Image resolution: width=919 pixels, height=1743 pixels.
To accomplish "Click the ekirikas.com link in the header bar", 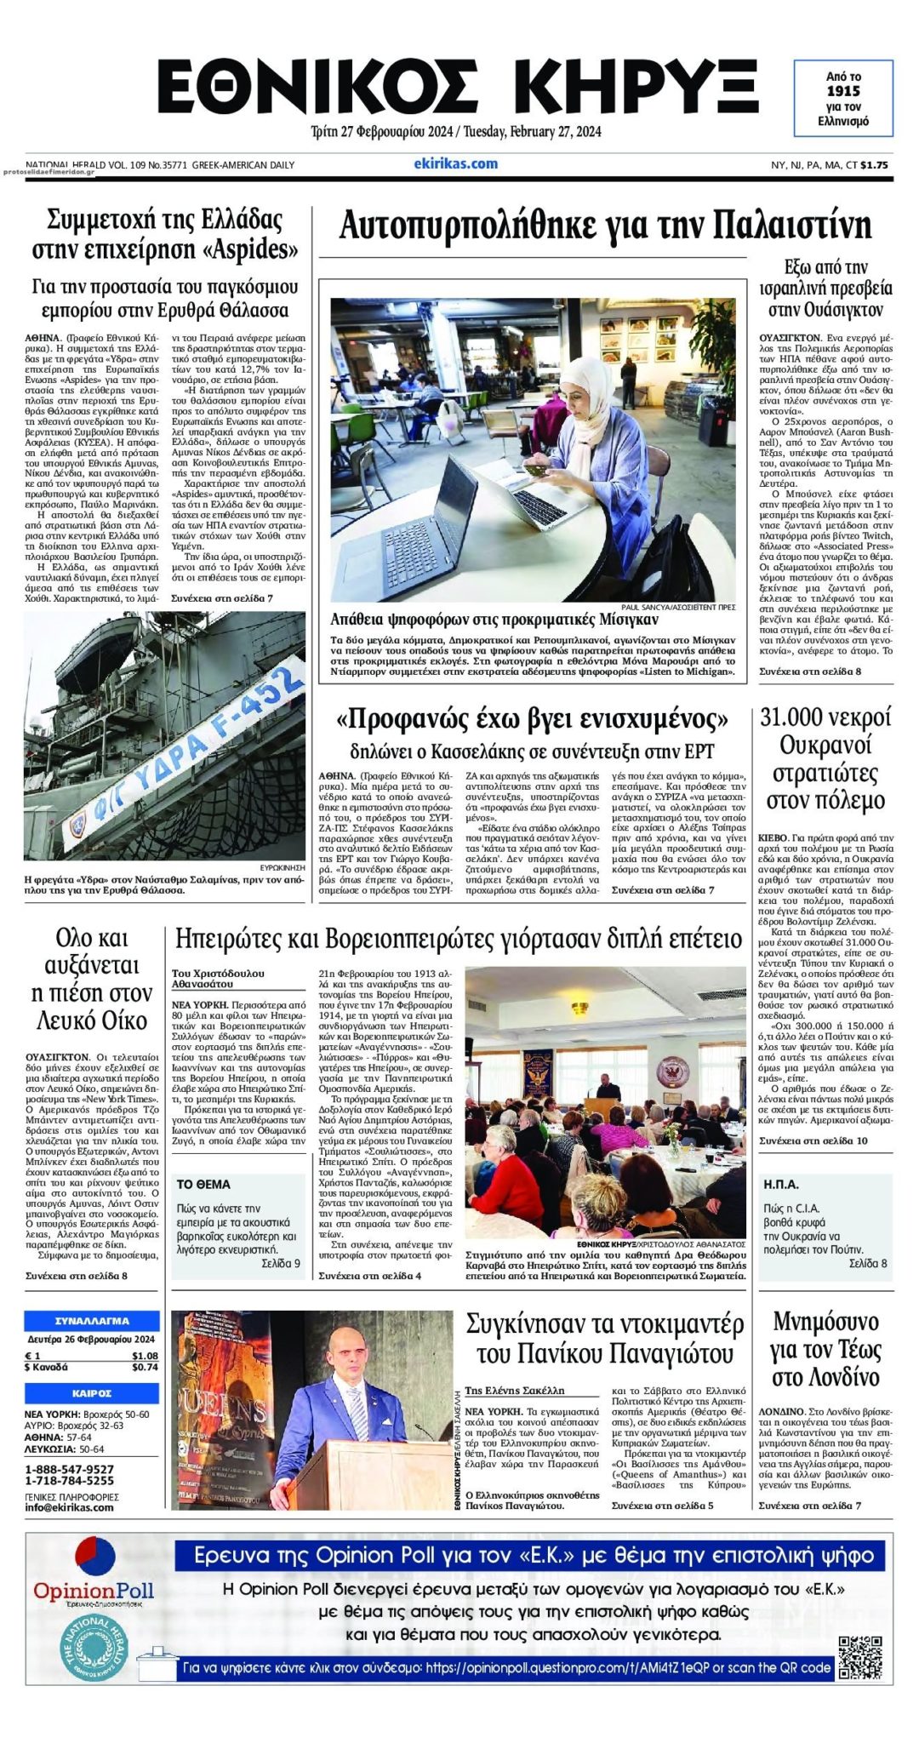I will [x=455, y=164].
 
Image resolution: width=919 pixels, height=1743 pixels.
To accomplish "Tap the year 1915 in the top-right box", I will [x=843, y=91].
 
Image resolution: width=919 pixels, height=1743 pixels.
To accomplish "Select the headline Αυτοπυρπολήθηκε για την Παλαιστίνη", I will [x=605, y=226].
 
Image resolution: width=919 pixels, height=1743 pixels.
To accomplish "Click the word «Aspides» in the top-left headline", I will [x=254, y=250].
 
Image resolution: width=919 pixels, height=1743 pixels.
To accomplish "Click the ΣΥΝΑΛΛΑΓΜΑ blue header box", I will [x=92, y=1322].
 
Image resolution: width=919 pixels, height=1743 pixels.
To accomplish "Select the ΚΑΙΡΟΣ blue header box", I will [x=92, y=1393].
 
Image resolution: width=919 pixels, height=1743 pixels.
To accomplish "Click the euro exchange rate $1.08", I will [x=145, y=1356].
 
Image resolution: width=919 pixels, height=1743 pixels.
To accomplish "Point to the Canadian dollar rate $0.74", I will [x=145, y=1368].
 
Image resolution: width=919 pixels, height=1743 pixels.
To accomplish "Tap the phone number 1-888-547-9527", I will [x=69, y=1469].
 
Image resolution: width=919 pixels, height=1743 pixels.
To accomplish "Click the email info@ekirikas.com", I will [x=69, y=1507].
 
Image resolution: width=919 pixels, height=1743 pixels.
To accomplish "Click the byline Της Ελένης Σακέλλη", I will [x=515, y=1391].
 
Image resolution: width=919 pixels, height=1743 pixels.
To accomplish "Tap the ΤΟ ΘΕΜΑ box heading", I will [x=203, y=1184].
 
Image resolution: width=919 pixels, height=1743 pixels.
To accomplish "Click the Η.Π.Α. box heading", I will [x=781, y=1184].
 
